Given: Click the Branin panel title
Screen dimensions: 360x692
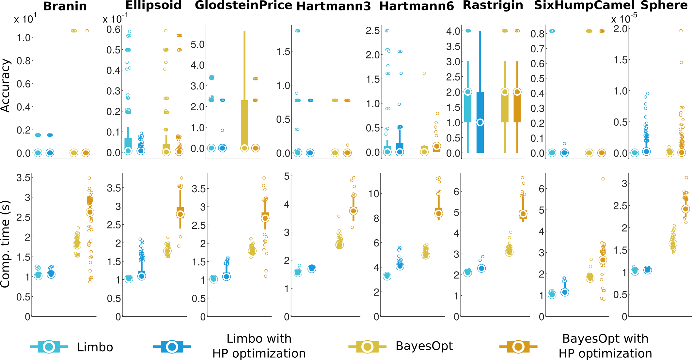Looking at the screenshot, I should (x=65, y=6).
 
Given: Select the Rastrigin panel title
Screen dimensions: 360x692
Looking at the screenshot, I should (x=493, y=6).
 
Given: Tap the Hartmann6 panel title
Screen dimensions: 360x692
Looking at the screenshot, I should (x=417, y=6).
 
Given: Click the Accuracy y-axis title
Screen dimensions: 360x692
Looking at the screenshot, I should (x=6, y=86).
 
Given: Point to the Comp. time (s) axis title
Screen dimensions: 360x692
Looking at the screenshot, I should (x=6, y=244).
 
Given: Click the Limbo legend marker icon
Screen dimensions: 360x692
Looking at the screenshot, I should (x=49, y=347).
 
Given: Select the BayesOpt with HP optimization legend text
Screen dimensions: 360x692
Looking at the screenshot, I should (x=605, y=346).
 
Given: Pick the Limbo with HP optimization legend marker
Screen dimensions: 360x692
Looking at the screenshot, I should (x=172, y=347).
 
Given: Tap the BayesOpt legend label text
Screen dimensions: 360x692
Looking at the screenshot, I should (x=424, y=346).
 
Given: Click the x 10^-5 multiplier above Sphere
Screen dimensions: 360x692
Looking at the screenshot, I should (x=624, y=19).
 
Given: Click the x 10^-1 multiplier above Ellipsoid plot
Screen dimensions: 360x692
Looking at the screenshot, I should (x=115, y=19).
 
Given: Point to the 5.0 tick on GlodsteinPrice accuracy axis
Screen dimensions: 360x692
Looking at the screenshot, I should (x=197, y=44).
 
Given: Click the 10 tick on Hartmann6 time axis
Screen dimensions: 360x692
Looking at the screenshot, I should (x=373, y=194).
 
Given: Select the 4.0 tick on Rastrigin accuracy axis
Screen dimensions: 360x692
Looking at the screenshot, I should (x=453, y=31).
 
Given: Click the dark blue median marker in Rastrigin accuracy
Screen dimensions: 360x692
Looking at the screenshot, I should (x=480, y=122).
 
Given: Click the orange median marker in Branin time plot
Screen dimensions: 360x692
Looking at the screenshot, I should (x=90, y=212).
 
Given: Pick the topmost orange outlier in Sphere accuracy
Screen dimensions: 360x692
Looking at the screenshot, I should (x=681, y=31).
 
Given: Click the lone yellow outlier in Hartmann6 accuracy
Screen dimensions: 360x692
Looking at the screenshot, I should (x=424, y=73).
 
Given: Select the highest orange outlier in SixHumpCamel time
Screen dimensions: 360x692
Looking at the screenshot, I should (x=603, y=179).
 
